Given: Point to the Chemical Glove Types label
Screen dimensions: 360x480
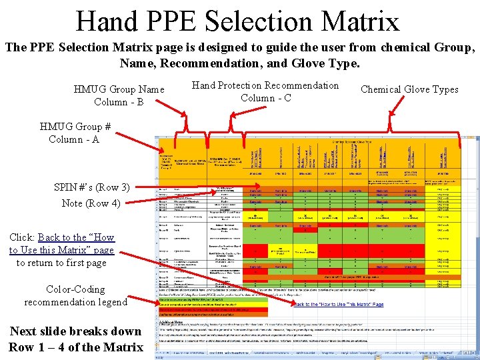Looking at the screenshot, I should [409, 89].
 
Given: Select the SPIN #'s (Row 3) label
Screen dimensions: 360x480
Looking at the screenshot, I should [91, 187].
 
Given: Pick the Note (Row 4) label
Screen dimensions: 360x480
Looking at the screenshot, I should [91, 203].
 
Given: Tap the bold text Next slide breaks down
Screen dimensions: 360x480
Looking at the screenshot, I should [75, 331].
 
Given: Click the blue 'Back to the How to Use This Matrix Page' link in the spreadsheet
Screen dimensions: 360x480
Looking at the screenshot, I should [339, 304].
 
